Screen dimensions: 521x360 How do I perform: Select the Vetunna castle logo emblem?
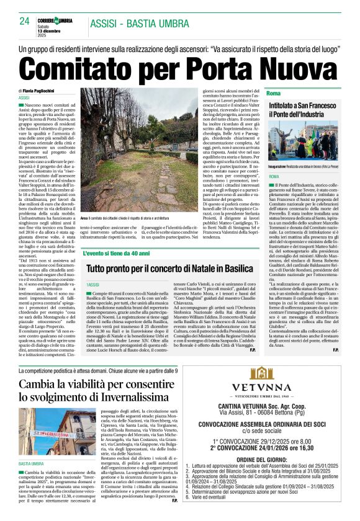point(269,375)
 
